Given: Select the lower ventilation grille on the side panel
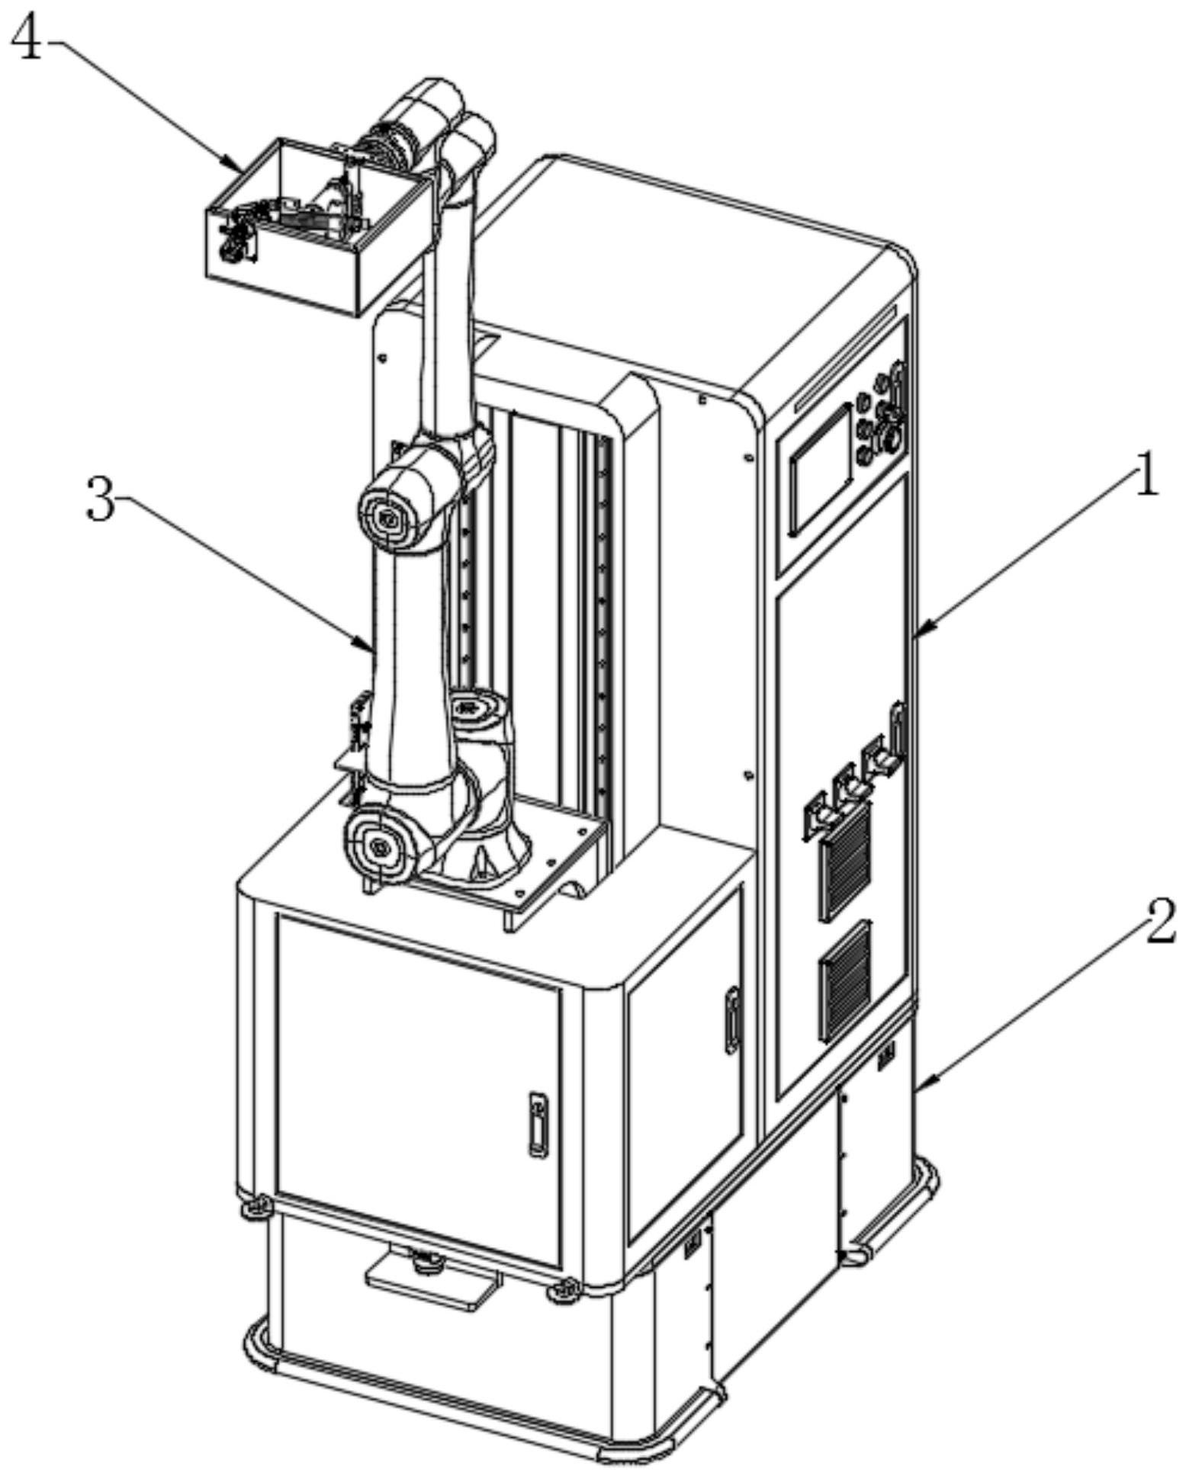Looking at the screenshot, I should click(x=845, y=981).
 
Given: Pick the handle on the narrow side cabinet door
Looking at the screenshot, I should click(x=732, y=1021).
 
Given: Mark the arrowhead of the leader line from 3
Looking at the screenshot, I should click(x=369, y=647).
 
